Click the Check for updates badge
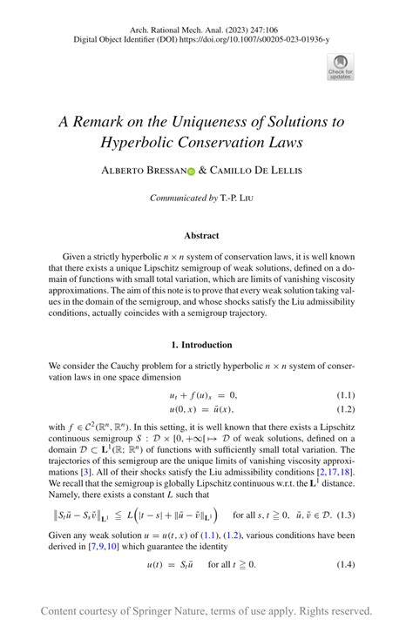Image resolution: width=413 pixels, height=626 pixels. pos(340,65)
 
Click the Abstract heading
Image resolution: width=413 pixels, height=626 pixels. pos(202,235)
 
